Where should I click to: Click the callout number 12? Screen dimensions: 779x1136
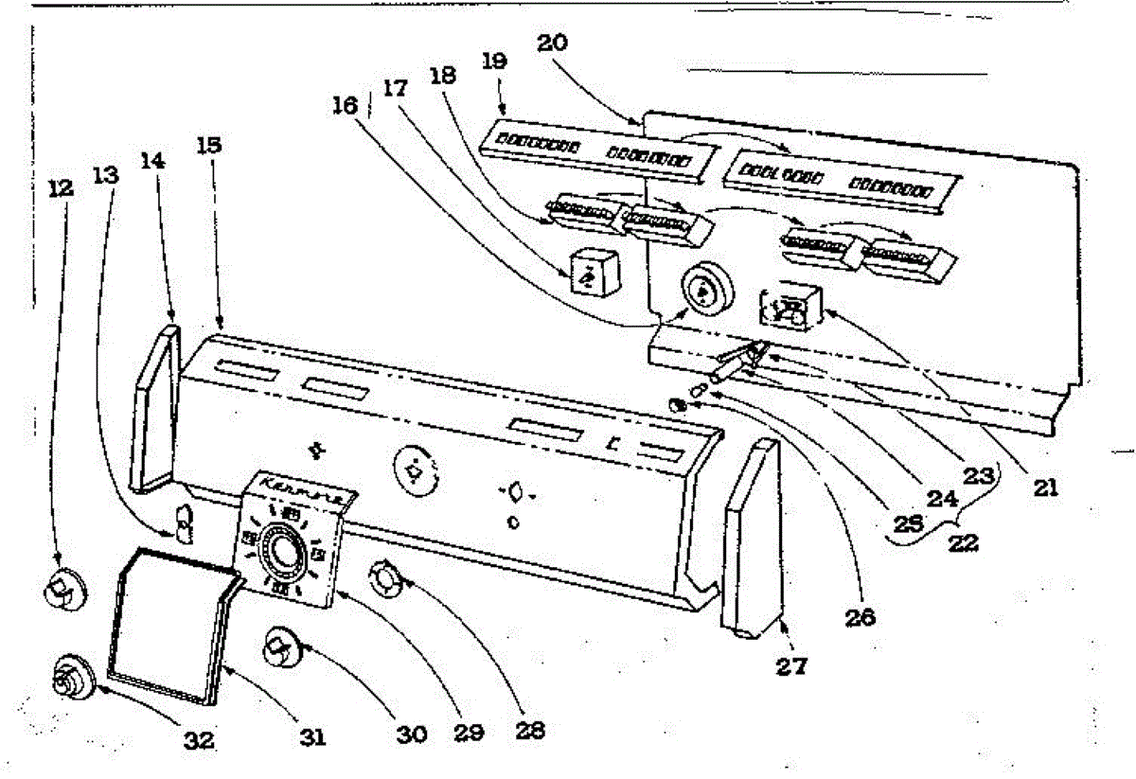(59, 188)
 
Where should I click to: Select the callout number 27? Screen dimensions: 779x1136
(791, 665)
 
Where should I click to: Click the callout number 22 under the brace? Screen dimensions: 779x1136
(965, 546)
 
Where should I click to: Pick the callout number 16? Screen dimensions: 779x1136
(346, 105)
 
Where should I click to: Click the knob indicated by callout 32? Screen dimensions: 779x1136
(71, 679)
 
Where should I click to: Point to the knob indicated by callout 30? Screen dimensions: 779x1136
(281, 648)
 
